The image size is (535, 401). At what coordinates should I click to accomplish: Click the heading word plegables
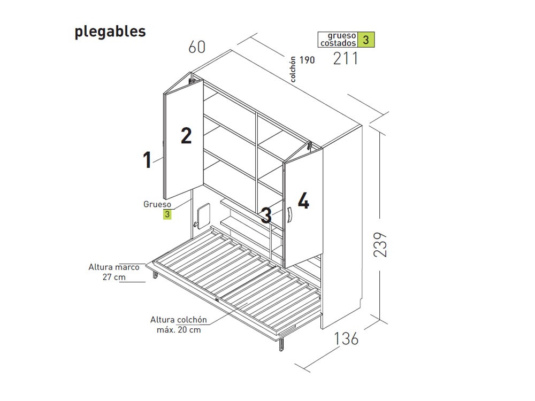click(110, 32)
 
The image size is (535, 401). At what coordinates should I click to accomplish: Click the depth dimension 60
click(197, 47)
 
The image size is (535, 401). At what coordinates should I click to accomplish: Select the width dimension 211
click(345, 58)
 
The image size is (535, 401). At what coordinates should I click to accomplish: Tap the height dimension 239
click(380, 244)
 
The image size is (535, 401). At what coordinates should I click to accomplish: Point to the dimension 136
click(346, 338)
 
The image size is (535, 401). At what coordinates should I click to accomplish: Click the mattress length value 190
click(307, 60)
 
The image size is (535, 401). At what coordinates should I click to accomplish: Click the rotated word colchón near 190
click(293, 69)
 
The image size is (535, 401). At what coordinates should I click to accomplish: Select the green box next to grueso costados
click(366, 40)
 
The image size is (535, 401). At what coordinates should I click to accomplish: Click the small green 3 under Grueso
click(167, 214)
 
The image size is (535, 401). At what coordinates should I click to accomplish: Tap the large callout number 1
click(147, 159)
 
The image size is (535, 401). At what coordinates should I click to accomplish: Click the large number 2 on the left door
click(186, 135)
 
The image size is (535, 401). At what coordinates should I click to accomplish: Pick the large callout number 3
click(266, 215)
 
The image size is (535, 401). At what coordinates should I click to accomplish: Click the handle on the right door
click(289, 215)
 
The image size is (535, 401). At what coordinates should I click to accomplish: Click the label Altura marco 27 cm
click(114, 272)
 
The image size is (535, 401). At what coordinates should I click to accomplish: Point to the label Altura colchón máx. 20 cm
click(179, 325)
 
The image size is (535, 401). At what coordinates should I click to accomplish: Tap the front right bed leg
click(281, 344)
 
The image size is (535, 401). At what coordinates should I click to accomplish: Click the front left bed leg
click(155, 273)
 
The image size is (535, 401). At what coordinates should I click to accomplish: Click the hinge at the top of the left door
click(192, 81)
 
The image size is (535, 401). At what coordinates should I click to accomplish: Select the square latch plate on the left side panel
click(204, 215)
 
